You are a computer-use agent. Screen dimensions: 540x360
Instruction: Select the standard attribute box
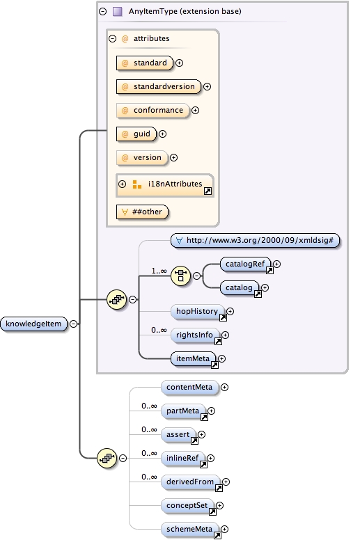tap(145, 63)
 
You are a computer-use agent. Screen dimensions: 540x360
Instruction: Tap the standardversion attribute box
tap(158, 86)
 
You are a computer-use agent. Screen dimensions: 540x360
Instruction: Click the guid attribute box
tap(136, 134)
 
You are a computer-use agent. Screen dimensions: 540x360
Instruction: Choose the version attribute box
tap(142, 157)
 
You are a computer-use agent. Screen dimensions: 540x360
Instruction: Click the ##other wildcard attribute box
tap(143, 212)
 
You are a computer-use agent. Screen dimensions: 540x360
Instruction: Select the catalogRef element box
tap(237, 264)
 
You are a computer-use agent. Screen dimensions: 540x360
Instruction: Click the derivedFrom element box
tap(190, 482)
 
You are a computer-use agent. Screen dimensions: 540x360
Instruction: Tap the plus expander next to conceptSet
tap(220, 505)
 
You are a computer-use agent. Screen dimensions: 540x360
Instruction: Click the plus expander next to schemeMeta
tap(225, 529)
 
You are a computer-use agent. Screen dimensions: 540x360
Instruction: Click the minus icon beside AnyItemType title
tap(103, 11)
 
